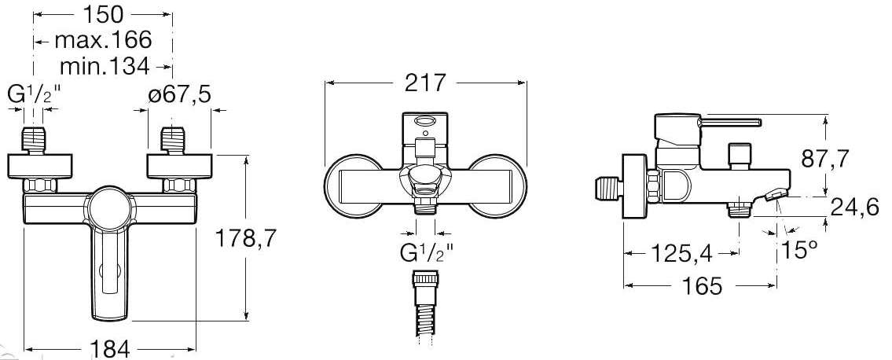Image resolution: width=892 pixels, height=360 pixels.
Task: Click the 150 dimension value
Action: (103, 13)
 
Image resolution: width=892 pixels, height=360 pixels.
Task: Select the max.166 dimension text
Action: (104, 40)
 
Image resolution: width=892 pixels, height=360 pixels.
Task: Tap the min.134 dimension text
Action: (105, 67)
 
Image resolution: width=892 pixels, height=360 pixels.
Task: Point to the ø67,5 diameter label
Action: (179, 94)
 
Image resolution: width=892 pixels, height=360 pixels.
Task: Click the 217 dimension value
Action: (425, 83)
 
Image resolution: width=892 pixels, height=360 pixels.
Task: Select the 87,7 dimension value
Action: (825, 160)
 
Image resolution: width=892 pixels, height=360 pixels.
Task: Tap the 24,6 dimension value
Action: (855, 207)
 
